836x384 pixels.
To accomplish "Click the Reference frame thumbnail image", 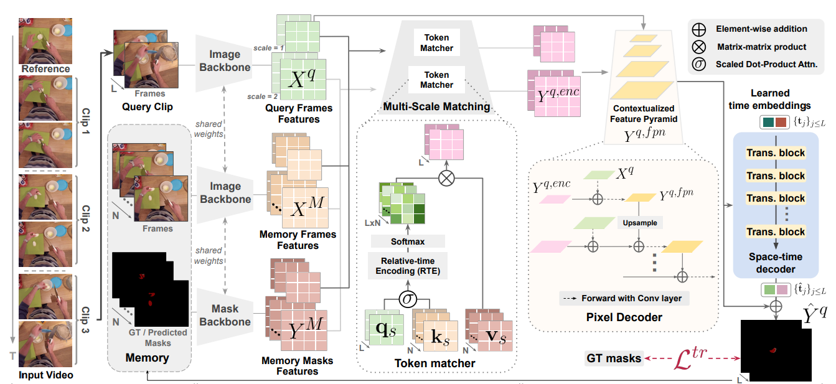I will [x=45, y=40].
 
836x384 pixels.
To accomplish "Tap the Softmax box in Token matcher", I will [x=407, y=240].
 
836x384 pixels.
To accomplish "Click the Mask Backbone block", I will [x=225, y=315].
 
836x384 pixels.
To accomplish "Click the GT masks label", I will [x=614, y=358].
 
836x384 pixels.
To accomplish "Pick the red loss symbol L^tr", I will [x=692, y=360].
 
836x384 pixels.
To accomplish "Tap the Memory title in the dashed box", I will [x=147, y=357].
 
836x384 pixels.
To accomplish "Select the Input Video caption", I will [x=46, y=375].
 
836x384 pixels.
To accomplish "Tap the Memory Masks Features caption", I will [x=298, y=366].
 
